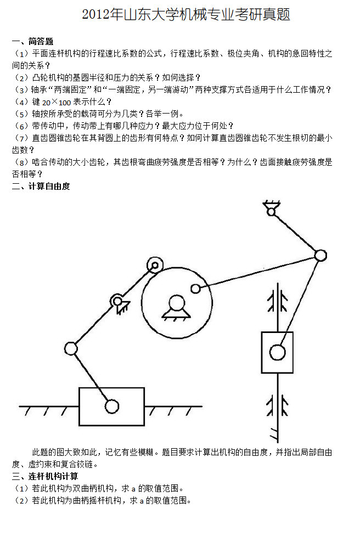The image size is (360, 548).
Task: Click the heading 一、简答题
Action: click(33, 42)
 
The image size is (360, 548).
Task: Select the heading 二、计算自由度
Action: click(41, 187)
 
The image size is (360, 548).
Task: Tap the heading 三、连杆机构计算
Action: click(45, 476)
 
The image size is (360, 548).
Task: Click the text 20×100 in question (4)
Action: click(57, 102)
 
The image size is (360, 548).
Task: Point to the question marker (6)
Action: click(21, 126)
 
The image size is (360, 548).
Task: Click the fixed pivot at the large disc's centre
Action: click(177, 307)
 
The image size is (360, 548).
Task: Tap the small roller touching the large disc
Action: click(155, 265)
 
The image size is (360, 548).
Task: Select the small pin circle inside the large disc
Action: click(196, 289)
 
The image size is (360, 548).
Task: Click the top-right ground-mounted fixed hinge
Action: click(271, 208)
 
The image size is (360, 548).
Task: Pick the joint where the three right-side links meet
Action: click(320, 256)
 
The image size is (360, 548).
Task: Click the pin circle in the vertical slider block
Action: click(278, 352)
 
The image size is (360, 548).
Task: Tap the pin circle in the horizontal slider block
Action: click(112, 406)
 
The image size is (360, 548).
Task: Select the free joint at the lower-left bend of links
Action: click(71, 348)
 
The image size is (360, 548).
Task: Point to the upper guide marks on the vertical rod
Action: click(278, 301)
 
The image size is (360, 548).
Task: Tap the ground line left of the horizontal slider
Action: click(49, 406)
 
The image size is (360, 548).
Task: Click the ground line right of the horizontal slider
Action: click(173, 406)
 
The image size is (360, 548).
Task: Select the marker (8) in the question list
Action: click(21, 162)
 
